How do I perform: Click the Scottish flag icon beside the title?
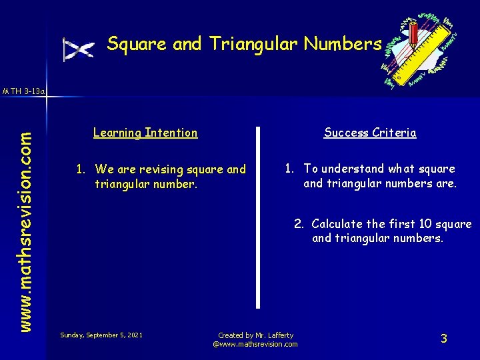click(79, 49)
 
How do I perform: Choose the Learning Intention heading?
click(145, 133)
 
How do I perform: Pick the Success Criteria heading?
click(370, 133)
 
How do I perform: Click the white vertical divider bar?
click(258, 217)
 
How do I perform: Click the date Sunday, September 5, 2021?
click(101, 334)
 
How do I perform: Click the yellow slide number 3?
click(443, 339)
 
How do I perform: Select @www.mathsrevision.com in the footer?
click(255, 344)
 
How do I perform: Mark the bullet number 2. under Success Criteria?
click(300, 224)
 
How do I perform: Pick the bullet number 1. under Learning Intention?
click(81, 169)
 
